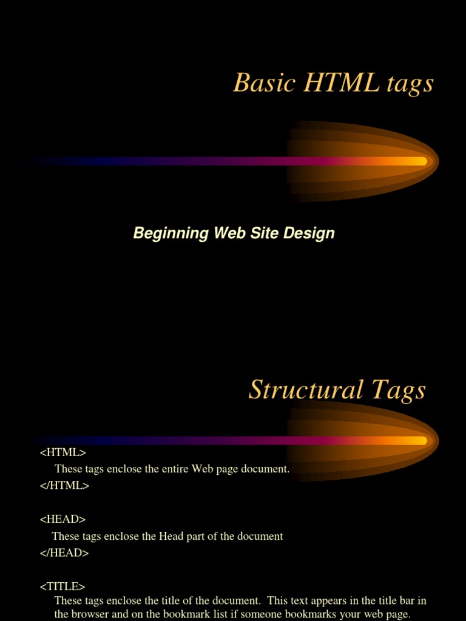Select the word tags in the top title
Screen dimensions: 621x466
tap(410, 84)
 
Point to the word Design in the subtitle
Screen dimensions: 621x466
tap(311, 233)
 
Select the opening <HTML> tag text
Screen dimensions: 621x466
tap(63, 452)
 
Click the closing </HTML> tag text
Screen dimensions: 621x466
tap(64, 485)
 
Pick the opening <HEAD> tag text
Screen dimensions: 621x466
tap(63, 519)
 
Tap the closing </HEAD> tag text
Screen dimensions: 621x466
tap(64, 552)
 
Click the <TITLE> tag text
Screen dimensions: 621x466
tap(62, 586)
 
